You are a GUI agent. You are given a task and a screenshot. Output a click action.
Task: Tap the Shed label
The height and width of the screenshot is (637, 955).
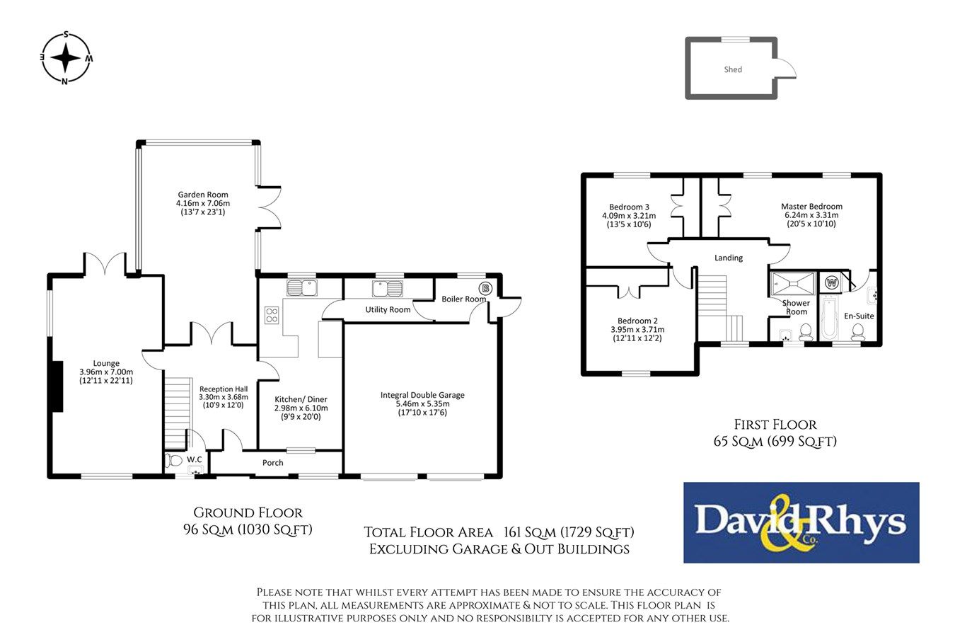733,69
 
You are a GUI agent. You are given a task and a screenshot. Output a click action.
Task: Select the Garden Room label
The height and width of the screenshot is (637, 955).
203,203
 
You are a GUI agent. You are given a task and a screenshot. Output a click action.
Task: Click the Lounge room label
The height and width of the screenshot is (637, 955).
106,372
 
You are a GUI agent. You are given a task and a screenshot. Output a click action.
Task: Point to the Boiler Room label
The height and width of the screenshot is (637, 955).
464,299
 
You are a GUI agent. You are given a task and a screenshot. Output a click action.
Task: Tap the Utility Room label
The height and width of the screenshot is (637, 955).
388,310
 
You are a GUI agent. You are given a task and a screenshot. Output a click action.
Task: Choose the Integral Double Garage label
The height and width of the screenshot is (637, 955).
422,403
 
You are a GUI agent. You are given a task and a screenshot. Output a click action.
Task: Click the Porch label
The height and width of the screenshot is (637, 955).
273,463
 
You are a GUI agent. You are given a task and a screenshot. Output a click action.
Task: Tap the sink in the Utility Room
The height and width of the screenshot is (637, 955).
388,289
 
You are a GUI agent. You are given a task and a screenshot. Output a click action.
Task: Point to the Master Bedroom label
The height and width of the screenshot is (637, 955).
811,215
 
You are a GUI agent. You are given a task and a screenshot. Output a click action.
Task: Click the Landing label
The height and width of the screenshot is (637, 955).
728,258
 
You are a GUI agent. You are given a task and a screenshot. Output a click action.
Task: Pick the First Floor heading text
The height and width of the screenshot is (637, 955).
775,425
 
